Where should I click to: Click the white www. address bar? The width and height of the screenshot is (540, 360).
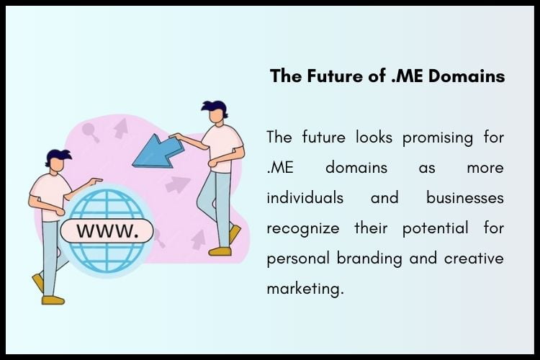[x=106, y=232]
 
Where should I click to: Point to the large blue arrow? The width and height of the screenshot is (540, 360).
[x=156, y=151]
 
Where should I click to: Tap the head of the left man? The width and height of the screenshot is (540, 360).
[x=58, y=161]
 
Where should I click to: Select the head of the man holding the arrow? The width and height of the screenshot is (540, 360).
[x=213, y=115]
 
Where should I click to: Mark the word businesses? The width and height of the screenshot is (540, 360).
[x=464, y=197]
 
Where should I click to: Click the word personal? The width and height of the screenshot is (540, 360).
[x=297, y=258]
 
